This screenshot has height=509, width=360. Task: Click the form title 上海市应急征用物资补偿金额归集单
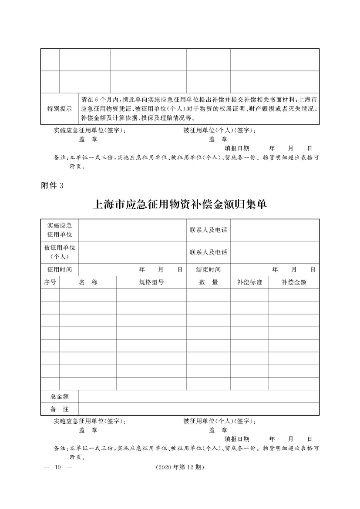[x=180, y=204]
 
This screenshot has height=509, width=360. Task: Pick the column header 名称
[x=88, y=282]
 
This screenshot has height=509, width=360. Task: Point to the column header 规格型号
[x=151, y=282]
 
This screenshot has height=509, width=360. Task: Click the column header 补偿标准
[x=249, y=282]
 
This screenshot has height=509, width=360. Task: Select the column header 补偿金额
[x=294, y=282]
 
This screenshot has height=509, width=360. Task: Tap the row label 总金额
[x=60, y=396]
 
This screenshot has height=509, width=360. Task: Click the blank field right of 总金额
[x=199, y=396]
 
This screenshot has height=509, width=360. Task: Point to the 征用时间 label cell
[x=60, y=270]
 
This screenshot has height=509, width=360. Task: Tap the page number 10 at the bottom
[x=57, y=468]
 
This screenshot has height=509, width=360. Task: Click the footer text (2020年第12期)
[x=179, y=468]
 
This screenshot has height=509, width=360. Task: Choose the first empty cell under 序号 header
[x=50, y=295]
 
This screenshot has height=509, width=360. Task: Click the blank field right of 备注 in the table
[x=199, y=409]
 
